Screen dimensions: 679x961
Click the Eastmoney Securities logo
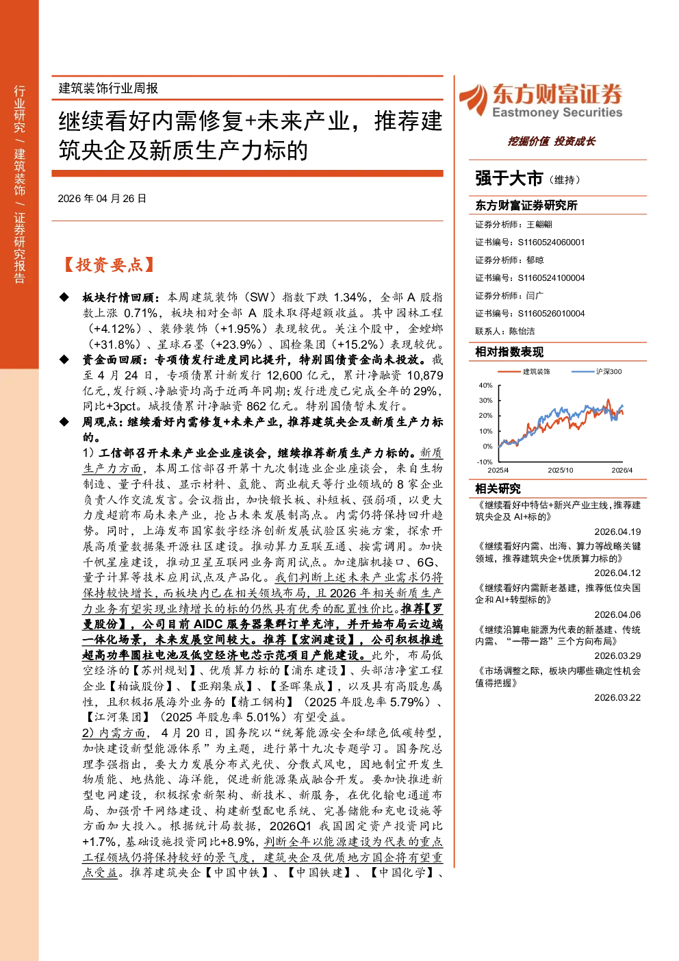[x=541, y=100]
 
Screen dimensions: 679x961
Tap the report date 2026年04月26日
[x=102, y=199]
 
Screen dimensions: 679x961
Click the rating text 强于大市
[x=509, y=179]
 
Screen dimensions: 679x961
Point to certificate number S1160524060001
[x=551, y=242]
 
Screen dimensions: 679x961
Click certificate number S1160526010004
[x=551, y=314]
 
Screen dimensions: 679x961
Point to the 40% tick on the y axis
[x=486, y=385]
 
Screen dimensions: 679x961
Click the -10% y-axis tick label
[x=485, y=462]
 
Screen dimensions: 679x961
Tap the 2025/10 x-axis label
[x=561, y=470]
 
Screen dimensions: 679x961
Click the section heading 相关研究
[x=498, y=488]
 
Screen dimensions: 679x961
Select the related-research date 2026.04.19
[x=617, y=532]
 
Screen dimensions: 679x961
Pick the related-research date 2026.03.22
[x=617, y=697]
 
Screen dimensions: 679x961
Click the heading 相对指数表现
[x=509, y=352]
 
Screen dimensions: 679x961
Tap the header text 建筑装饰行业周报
[x=108, y=88]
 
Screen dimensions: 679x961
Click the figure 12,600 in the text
[x=285, y=375]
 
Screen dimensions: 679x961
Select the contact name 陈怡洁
[x=522, y=332]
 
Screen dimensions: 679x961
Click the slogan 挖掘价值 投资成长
[x=551, y=142]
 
